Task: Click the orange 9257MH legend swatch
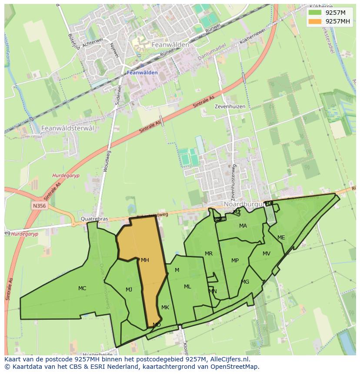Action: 315,21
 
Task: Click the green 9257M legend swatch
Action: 315,13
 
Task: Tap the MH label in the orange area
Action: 145,260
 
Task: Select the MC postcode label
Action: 82,288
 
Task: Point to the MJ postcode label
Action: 129,290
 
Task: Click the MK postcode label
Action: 165,308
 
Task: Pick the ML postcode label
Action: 187,287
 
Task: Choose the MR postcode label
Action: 209,254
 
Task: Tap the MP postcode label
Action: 235,261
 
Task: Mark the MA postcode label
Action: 243,226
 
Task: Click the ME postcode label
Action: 281,238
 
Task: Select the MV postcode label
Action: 267,254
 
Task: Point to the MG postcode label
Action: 245,282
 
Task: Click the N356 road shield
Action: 39,205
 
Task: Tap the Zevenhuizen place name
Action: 230,106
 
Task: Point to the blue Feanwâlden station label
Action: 143,73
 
